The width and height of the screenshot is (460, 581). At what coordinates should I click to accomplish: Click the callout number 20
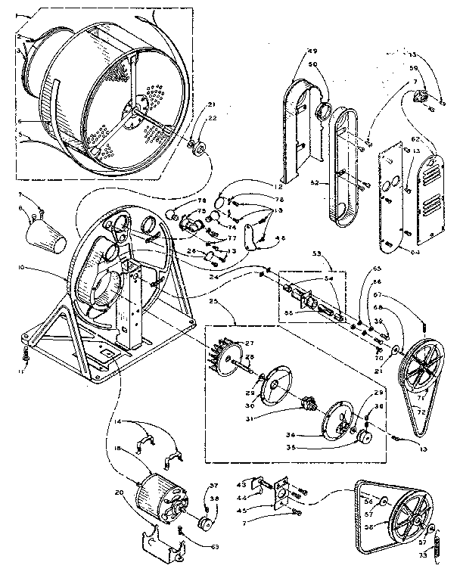[x=119, y=492]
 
